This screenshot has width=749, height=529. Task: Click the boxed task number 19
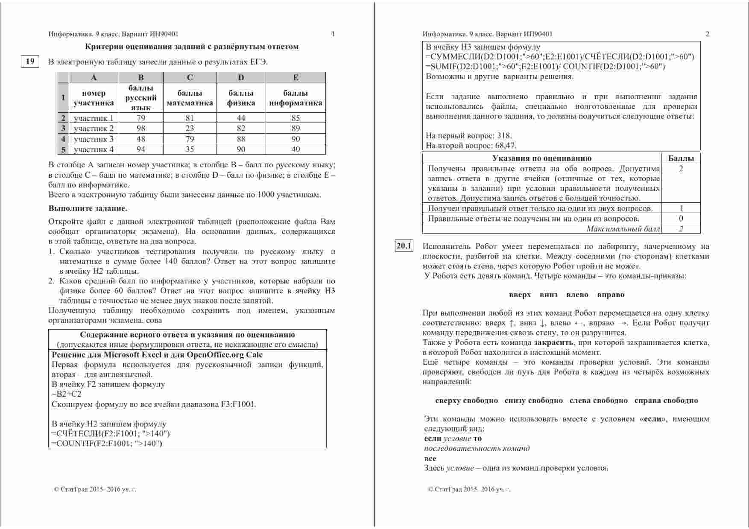click(x=30, y=61)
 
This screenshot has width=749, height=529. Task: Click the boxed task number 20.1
click(x=404, y=246)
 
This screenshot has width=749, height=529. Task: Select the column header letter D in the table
click(x=241, y=77)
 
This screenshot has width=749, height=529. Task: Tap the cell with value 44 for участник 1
click(x=241, y=118)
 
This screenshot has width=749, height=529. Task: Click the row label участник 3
click(x=94, y=139)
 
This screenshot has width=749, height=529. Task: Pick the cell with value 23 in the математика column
click(x=190, y=129)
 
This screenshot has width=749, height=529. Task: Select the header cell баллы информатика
click(x=296, y=98)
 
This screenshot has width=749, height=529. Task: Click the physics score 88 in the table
click(x=241, y=139)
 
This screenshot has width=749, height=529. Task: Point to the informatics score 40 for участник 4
click(x=296, y=149)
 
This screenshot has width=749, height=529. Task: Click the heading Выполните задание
click(x=88, y=209)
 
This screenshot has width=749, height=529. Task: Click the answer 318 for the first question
click(x=504, y=136)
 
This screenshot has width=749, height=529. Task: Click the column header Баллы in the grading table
click(x=681, y=158)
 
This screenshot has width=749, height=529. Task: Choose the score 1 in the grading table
click(x=681, y=208)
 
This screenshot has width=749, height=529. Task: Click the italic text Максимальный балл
click(x=623, y=229)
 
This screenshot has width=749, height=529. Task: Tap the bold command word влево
click(x=577, y=295)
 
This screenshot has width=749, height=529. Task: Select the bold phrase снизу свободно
click(x=533, y=400)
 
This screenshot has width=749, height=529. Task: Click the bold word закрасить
click(x=553, y=342)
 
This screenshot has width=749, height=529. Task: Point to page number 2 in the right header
click(x=707, y=34)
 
